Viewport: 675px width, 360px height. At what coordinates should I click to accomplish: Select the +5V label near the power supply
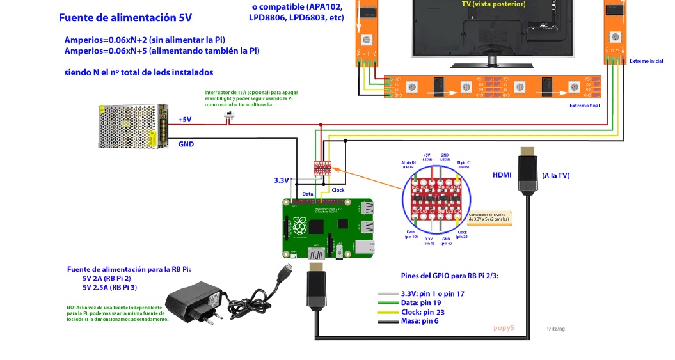click(184, 120)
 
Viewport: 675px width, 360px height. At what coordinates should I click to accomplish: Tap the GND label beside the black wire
click(186, 144)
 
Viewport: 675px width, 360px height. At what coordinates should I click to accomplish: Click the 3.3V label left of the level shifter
click(282, 181)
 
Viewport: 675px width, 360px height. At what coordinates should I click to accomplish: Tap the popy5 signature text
click(504, 328)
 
